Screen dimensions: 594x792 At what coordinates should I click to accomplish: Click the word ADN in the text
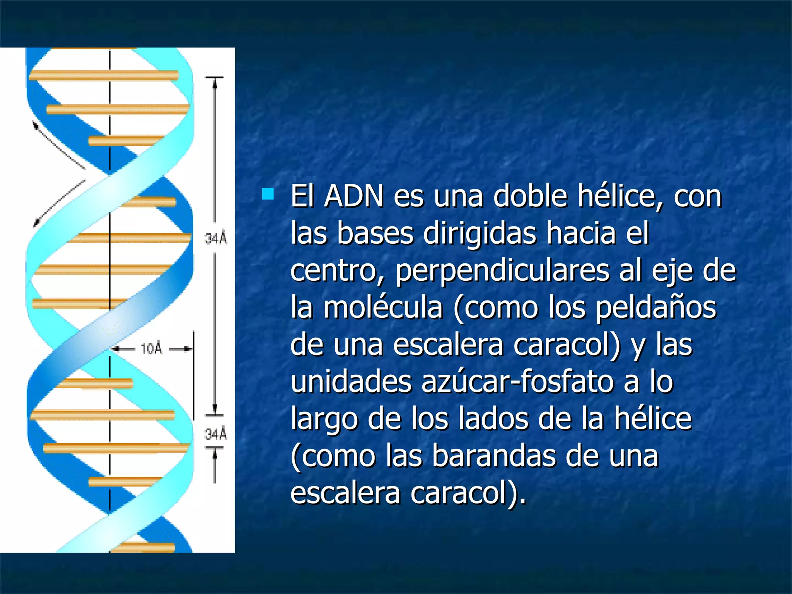coord(353,196)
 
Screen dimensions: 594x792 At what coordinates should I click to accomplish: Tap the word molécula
coord(382,308)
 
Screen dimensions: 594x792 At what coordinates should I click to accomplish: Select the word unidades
coord(351,382)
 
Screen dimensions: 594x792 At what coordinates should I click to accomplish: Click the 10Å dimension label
coord(151,349)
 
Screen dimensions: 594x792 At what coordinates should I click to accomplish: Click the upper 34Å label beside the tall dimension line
coord(216,238)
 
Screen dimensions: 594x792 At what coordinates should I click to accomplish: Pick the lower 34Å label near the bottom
coord(216,434)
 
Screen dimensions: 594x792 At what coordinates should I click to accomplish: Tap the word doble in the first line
coord(530,196)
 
